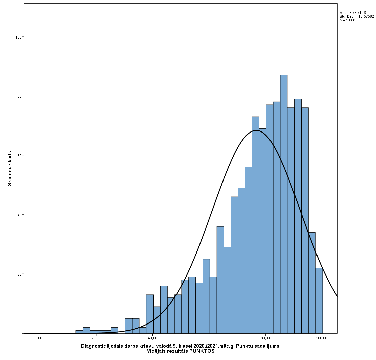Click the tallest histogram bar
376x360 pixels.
click(x=284, y=203)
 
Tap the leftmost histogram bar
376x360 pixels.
click(x=79, y=332)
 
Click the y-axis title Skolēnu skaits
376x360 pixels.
click(x=10, y=168)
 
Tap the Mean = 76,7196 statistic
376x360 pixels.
click(x=352, y=13)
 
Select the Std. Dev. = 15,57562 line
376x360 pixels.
click(x=356, y=16)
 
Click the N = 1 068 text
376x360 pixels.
click(x=347, y=20)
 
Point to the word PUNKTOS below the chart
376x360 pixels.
click(x=202, y=351)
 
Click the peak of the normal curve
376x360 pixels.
click(x=256, y=130)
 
